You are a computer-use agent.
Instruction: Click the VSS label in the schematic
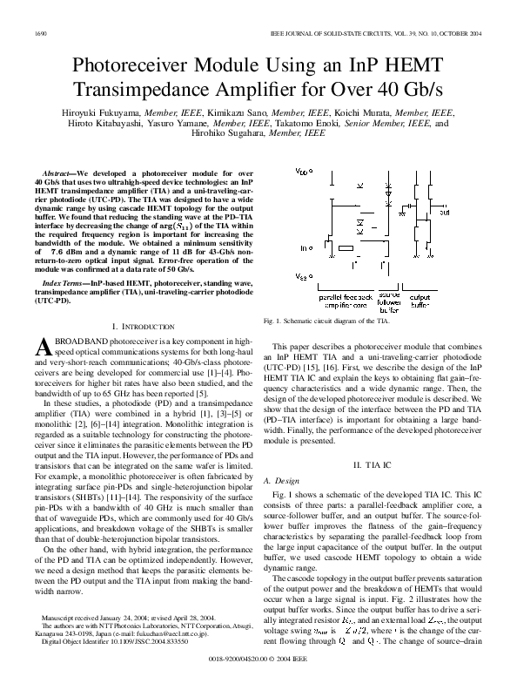302,275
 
